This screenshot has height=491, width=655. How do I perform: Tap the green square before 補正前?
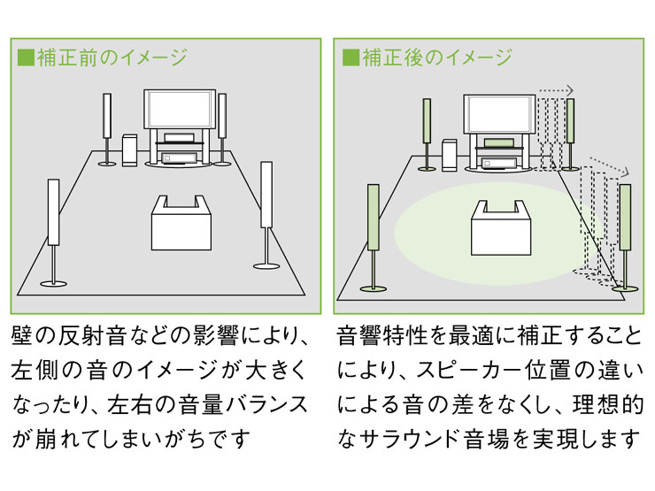[x=26, y=58]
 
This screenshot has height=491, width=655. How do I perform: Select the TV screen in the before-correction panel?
[x=178, y=109]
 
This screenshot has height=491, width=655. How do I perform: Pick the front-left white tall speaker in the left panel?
[x=53, y=213]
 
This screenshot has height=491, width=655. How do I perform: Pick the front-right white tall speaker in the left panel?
[x=266, y=194]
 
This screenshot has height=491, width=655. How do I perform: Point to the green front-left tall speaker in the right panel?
[x=374, y=216]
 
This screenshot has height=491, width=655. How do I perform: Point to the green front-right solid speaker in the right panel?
[x=626, y=217]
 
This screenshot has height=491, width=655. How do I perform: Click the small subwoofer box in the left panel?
[x=130, y=150]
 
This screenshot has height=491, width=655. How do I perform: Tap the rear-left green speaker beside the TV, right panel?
[x=428, y=120]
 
